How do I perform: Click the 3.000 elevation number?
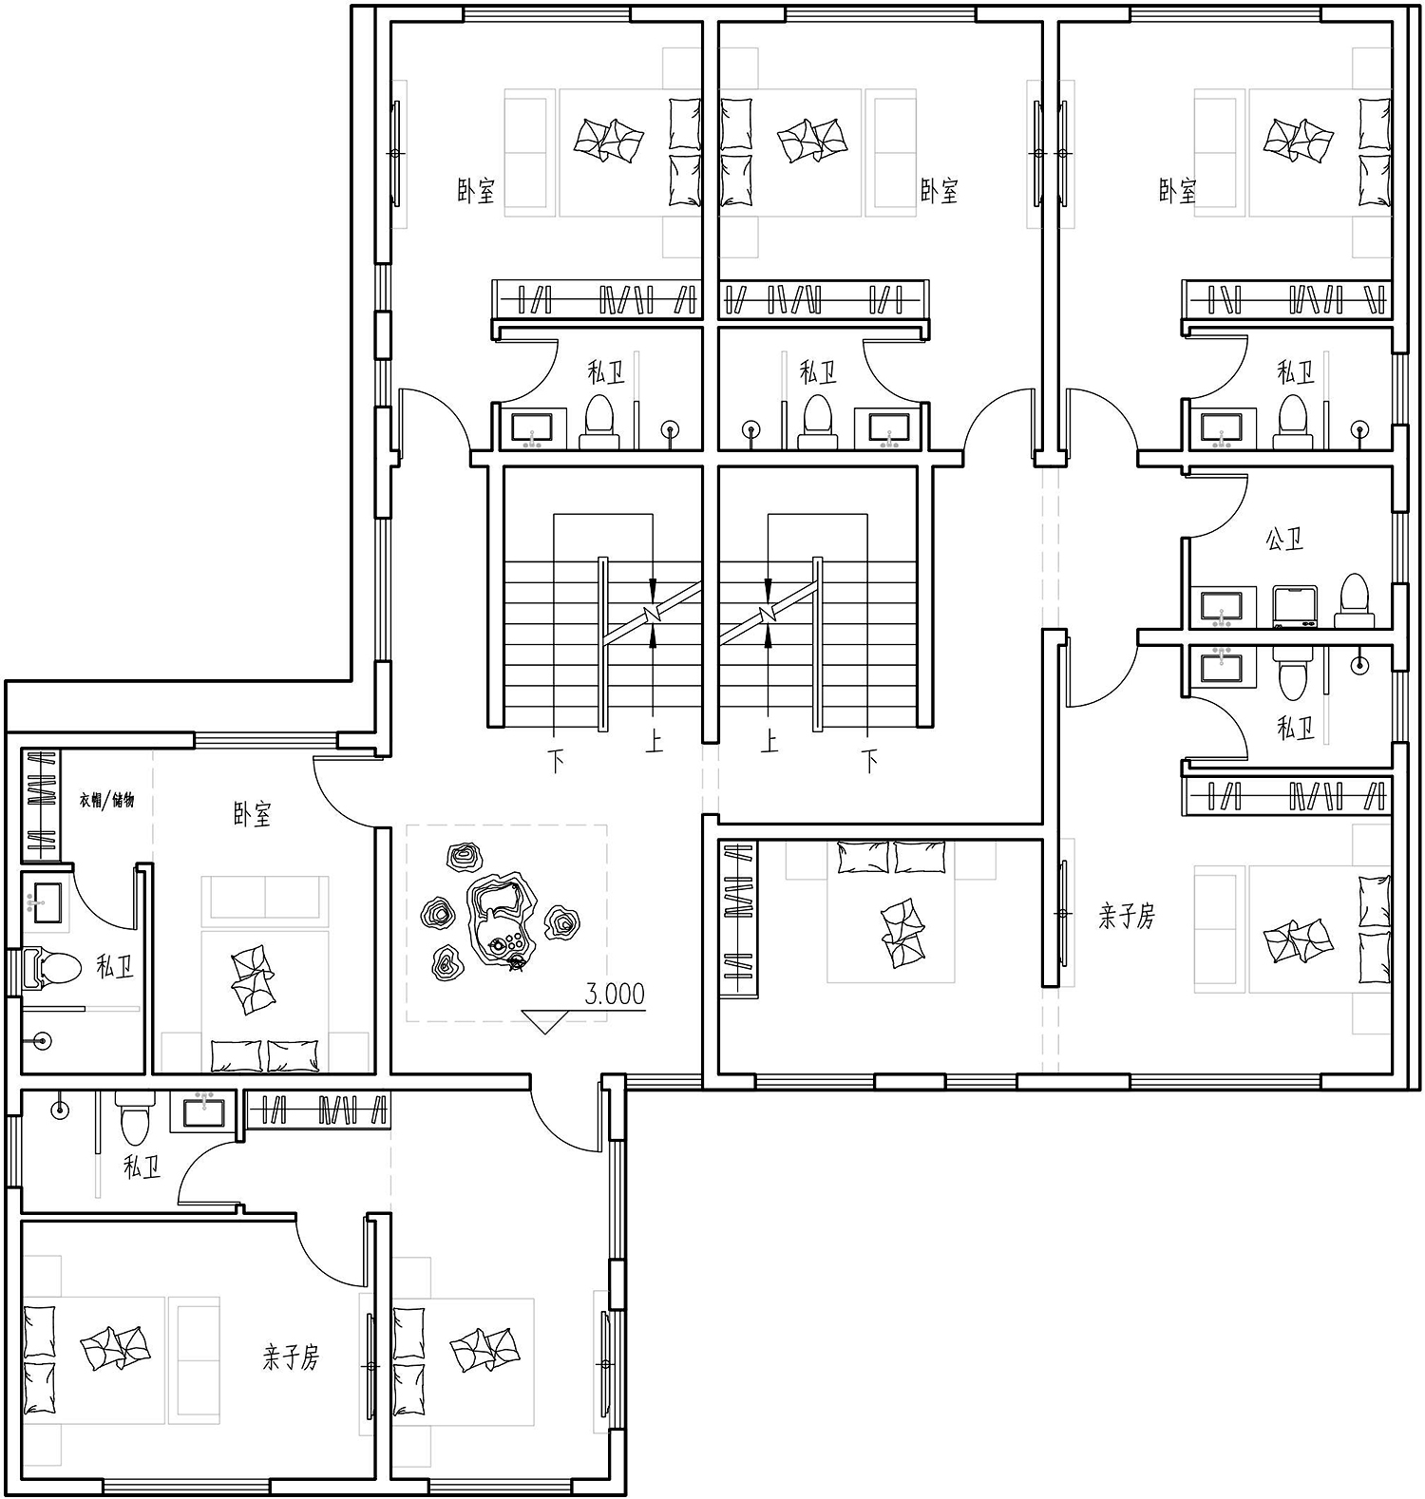[x=615, y=994]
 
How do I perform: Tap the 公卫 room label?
[x=1283, y=541]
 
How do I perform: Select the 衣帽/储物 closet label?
[x=106, y=800]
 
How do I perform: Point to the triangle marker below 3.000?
[x=544, y=1021]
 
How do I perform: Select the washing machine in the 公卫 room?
[x=1294, y=607]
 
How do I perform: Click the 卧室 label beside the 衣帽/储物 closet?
[x=253, y=814]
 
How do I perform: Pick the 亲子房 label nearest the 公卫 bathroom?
[x=1127, y=917]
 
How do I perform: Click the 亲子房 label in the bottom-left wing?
[x=291, y=1357]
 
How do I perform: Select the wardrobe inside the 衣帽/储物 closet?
[x=41, y=806]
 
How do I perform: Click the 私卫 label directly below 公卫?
[x=1296, y=729]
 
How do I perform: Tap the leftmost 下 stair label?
[x=557, y=761]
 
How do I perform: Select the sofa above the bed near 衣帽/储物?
[x=265, y=898]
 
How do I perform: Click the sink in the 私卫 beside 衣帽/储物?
[x=44, y=901]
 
